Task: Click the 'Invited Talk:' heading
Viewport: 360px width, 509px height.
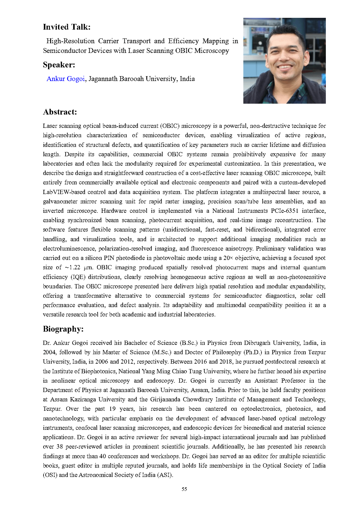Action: click(67, 27)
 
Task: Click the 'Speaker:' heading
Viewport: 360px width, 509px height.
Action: click(59, 65)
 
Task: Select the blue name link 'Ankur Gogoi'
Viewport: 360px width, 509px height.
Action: click(66, 79)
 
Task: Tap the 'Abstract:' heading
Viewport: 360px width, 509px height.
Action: click(60, 112)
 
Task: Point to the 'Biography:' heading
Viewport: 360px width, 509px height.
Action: click(63, 329)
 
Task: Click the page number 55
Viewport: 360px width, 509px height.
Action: click(184, 489)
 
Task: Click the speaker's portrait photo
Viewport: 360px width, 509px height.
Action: click(284, 61)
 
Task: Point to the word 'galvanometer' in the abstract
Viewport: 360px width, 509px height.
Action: click(59, 202)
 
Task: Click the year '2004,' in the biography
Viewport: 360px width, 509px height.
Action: click(49, 352)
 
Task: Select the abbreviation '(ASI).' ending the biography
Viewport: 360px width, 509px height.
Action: click(165, 475)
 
